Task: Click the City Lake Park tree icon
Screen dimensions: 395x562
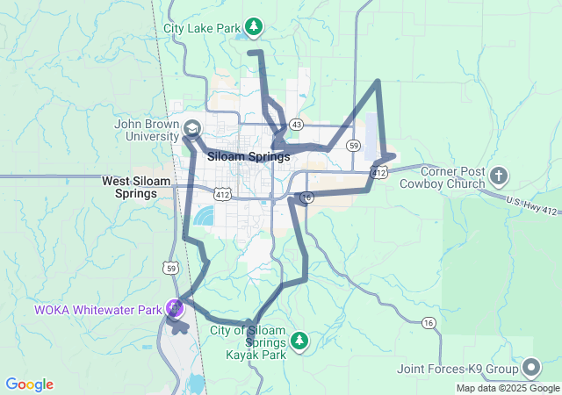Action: point(254,27)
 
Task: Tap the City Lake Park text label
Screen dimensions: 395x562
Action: point(202,28)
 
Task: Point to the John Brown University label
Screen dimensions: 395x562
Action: point(147,130)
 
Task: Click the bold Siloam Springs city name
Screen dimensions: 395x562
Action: point(249,157)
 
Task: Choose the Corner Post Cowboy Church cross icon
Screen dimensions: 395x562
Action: point(499,177)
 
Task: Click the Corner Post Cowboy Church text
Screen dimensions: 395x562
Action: point(442,177)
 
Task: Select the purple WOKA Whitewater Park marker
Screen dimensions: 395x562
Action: point(174,309)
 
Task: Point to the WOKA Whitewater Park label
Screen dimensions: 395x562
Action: point(98,310)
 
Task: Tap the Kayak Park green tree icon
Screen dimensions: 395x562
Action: point(300,339)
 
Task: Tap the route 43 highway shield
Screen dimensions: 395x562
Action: point(297,124)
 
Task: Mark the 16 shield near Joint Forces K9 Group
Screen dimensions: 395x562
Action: point(429,324)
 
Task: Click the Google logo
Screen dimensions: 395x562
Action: point(29,384)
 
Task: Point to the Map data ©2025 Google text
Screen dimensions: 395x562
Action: point(507,388)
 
